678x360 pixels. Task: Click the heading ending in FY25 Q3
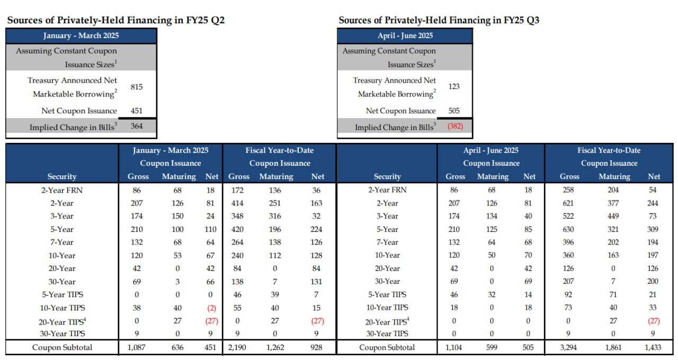439,20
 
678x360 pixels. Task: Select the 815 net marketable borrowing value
137,87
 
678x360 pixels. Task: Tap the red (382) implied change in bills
453,127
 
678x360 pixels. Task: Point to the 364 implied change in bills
137,127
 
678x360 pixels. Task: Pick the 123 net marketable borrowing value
454,87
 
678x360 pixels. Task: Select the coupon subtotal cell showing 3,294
570,348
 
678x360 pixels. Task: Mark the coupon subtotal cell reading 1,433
653,348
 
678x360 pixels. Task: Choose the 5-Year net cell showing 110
210,229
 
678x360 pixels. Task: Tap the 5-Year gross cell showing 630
570,229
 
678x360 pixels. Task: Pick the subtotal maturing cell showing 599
493,348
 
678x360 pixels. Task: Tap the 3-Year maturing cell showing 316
275,216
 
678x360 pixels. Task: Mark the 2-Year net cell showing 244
653,203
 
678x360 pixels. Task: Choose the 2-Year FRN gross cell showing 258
570,190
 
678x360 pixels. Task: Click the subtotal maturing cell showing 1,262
275,348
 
